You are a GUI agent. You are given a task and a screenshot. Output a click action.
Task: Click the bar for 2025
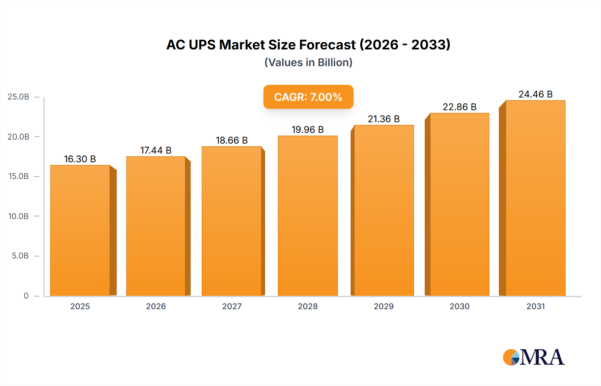[x=80, y=230]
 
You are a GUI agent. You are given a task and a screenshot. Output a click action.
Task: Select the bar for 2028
[x=308, y=216]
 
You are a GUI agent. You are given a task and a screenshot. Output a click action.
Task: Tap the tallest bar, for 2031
[x=535, y=198]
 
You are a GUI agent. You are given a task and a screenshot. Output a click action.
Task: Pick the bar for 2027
[x=231, y=221]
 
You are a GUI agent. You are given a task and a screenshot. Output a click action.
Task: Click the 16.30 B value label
[x=80, y=159]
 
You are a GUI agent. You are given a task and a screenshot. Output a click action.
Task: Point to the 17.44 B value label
[x=156, y=150]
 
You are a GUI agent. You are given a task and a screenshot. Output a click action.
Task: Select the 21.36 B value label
[x=384, y=119]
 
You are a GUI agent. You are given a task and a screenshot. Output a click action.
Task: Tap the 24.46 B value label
[x=535, y=94]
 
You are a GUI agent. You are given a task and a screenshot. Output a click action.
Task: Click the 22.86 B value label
[x=459, y=107]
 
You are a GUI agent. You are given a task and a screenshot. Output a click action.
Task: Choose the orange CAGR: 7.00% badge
[x=308, y=97]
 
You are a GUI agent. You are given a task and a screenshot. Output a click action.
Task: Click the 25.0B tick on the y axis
[x=18, y=97]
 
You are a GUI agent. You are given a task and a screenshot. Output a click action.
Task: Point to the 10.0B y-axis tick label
[x=18, y=216]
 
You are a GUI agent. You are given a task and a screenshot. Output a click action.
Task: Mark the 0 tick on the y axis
[x=26, y=296]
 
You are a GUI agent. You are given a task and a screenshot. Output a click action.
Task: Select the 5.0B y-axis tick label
[x=20, y=256]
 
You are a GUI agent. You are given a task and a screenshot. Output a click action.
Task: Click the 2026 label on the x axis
[x=156, y=306]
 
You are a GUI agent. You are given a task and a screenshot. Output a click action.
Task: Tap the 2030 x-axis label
[x=459, y=306]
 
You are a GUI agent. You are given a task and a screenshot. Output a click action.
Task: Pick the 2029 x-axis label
[x=384, y=306]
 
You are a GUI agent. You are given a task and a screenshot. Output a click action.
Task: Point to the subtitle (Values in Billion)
[x=308, y=62]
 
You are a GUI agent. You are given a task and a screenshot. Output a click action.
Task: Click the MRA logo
[x=534, y=357]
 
